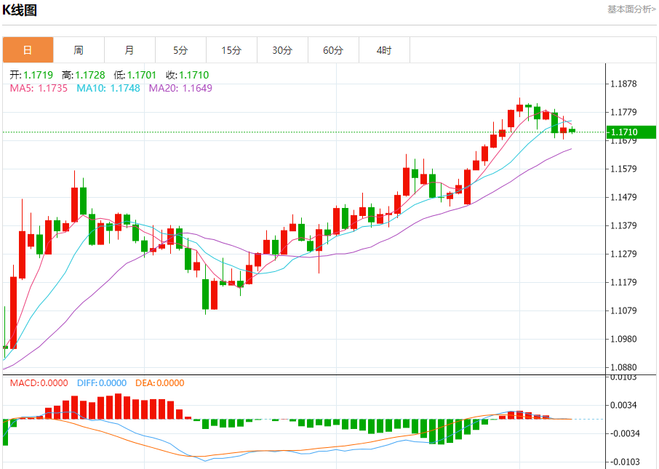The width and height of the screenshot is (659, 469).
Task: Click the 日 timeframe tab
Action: click(x=28, y=50)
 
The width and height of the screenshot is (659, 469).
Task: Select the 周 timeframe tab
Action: click(x=79, y=50)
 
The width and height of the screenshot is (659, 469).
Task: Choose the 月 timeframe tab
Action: click(x=129, y=50)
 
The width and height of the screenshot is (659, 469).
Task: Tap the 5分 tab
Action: click(x=180, y=50)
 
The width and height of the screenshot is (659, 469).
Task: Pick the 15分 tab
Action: click(x=231, y=50)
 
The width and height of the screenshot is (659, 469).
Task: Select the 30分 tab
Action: click(x=282, y=50)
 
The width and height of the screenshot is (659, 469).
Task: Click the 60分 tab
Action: click(x=333, y=50)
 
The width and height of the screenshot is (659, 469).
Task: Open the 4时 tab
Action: click(x=384, y=50)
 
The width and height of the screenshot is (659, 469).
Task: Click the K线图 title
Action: click(x=20, y=10)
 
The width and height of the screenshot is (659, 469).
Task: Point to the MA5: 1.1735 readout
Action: click(x=39, y=88)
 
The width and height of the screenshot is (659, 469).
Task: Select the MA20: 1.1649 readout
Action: click(x=180, y=88)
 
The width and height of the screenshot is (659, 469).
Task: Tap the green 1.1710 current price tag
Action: click(x=631, y=132)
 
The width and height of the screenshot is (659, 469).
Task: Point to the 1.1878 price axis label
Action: click(x=623, y=84)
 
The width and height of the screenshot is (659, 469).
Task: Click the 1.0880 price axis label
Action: click(x=623, y=367)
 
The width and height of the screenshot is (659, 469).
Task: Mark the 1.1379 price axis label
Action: click(x=623, y=225)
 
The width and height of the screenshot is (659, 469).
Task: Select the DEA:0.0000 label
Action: click(x=160, y=383)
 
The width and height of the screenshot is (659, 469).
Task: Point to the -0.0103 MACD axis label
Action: click(x=623, y=462)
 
